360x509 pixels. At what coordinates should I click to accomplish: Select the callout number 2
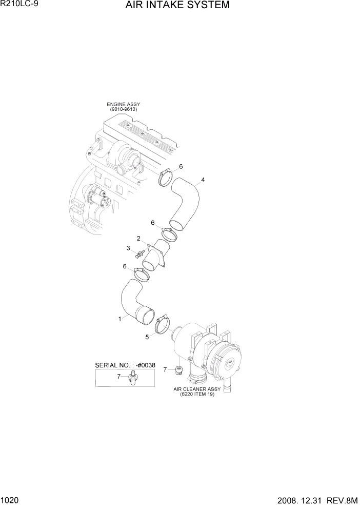point(138,239)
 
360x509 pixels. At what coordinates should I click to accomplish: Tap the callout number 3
point(128,248)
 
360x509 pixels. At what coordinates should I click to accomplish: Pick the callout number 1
point(120,319)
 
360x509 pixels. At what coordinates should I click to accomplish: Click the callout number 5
point(147,337)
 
